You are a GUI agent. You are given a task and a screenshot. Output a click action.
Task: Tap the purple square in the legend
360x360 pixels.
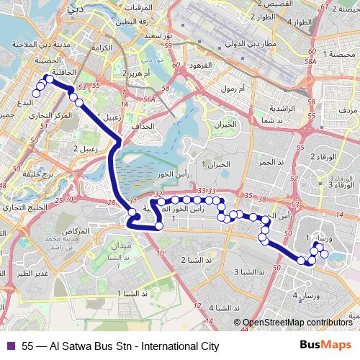coord(9,346)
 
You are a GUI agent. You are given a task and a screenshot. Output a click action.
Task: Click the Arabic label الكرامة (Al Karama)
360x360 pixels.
coord(102,48)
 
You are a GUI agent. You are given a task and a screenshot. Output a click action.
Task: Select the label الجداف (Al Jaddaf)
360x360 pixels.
coord(143,125)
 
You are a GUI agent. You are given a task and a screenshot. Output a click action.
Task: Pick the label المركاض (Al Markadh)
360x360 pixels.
coord(76,230)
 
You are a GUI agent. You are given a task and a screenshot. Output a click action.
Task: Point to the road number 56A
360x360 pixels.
coord(150,99)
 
